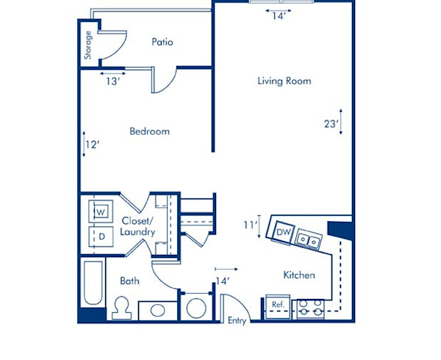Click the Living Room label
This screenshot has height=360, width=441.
tap(284, 81)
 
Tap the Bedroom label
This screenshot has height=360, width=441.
tap(149, 132)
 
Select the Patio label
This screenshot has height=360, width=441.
tap(162, 42)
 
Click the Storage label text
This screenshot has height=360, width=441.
tap(88, 45)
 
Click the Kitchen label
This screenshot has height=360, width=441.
tap(299, 276)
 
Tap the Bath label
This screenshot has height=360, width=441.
tap(130, 281)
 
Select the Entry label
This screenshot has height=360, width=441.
tap(237, 320)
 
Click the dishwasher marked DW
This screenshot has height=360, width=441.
tap(283, 233)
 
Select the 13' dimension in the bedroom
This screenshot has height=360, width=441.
tap(112, 82)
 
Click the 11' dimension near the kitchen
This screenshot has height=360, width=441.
tap(250, 225)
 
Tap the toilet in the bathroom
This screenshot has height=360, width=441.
tap(122, 307)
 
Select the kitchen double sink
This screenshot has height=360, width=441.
tap(311, 240)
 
